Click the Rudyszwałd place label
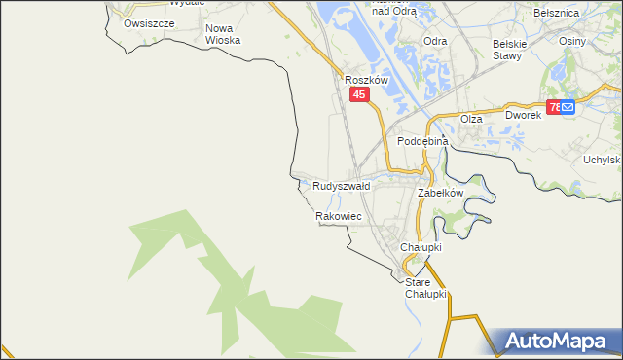point(341,185)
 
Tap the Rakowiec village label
point(339,216)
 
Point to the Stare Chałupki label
point(424,288)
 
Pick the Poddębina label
point(421,141)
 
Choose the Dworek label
point(523,115)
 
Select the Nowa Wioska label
point(223,34)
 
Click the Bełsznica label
point(557,13)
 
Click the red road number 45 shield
point(359,94)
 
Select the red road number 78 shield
point(553,107)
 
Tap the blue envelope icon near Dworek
point(569,107)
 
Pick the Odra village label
point(435,41)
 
